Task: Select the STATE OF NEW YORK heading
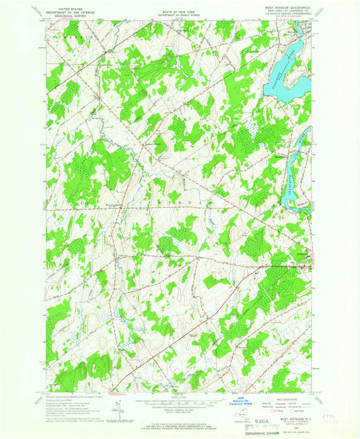179,6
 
